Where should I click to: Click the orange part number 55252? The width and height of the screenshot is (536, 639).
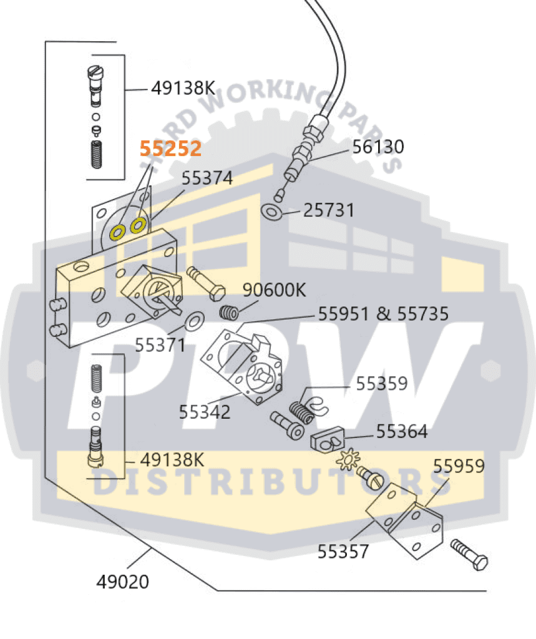pyautogui.click(x=170, y=149)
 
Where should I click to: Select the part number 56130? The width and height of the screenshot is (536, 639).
pyautogui.click(x=378, y=147)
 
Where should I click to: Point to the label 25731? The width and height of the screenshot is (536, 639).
pyautogui.click(x=329, y=210)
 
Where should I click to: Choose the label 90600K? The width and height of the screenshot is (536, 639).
pyautogui.click(x=275, y=290)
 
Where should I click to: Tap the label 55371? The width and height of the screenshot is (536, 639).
pyautogui.click(x=160, y=343)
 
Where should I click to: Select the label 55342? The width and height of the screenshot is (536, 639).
pyautogui.click(x=204, y=412)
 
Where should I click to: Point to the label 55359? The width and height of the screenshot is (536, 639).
pyautogui.click(x=381, y=383)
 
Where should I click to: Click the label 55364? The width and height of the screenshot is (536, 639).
pyautogui.click(x=401, y=431)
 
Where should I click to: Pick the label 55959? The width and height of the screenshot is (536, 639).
pyautogui.click(x=459, y=466)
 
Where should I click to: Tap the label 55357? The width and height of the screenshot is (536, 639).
pyautogui.click(x=343, y=552)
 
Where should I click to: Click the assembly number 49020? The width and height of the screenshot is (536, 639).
pyautogui.click(x=123, y=582)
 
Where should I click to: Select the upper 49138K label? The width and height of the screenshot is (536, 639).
pyautogui.click(x=183, y=88)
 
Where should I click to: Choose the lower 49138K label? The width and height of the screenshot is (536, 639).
pyautogui.click(x=172, y=461)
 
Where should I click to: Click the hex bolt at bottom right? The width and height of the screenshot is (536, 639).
pyautogui.click(x=470, y=553)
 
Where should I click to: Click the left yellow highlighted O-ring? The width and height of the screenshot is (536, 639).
pyautogui.click(x=117, y=233)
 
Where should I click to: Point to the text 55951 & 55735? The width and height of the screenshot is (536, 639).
pyautogui.click(x=383, y=313)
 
